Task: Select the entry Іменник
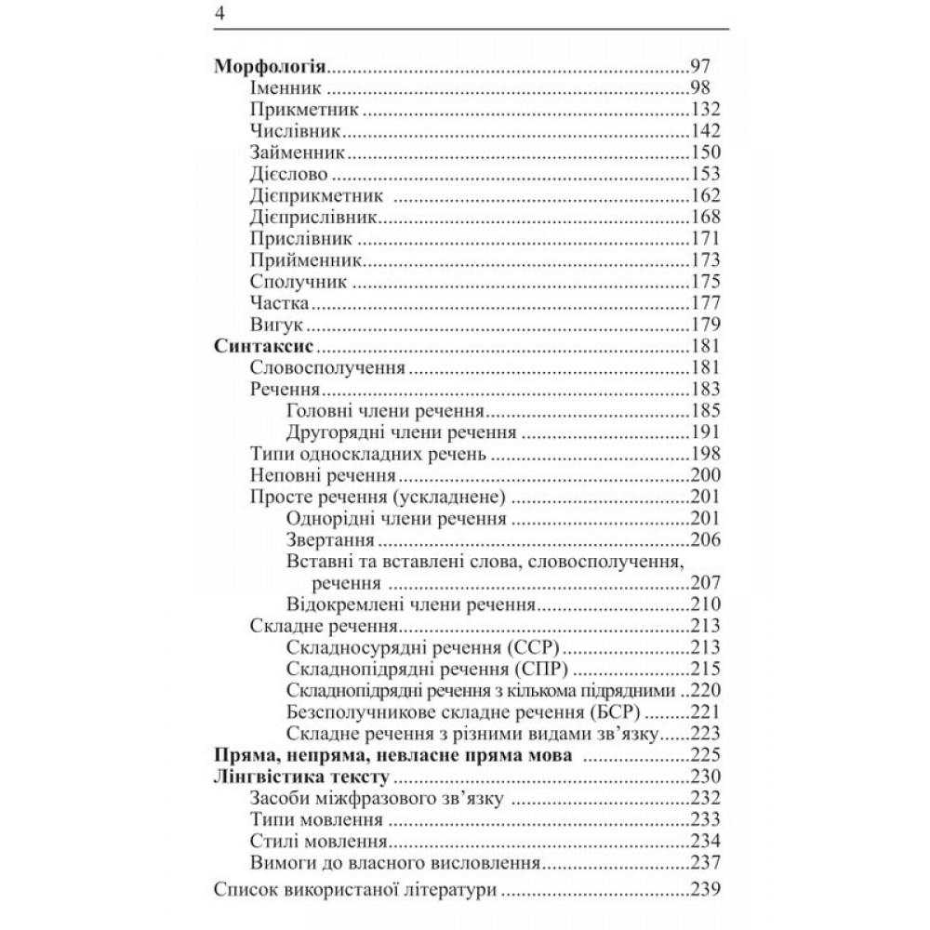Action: point(286,89)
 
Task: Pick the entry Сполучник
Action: point(299,281)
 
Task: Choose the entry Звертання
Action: point(331,540)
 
